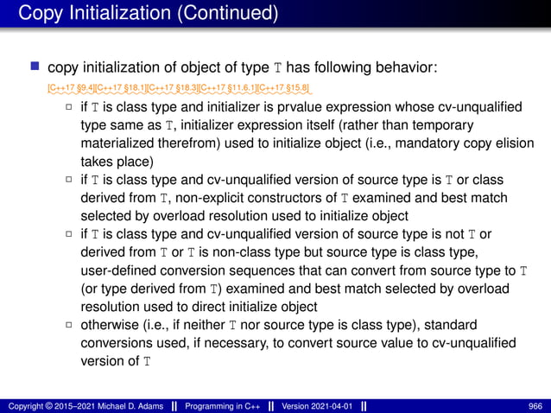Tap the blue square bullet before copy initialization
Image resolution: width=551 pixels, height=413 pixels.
tap(35, 67)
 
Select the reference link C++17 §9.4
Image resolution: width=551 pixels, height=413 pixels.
tap(72, 88)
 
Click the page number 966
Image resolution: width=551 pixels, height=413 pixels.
tap(535, 405)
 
